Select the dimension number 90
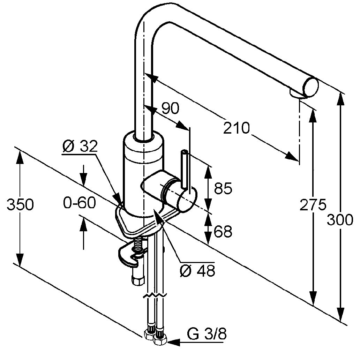click(171, 108)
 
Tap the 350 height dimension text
click(20, 204)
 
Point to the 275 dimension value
click(313, 205)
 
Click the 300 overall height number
click(340, 220)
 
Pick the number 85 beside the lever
click(223, 188)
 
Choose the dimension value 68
click(223, 231)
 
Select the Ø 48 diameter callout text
click(197, 270)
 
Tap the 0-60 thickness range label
click(80, 203)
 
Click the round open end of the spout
click(311, 87)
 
